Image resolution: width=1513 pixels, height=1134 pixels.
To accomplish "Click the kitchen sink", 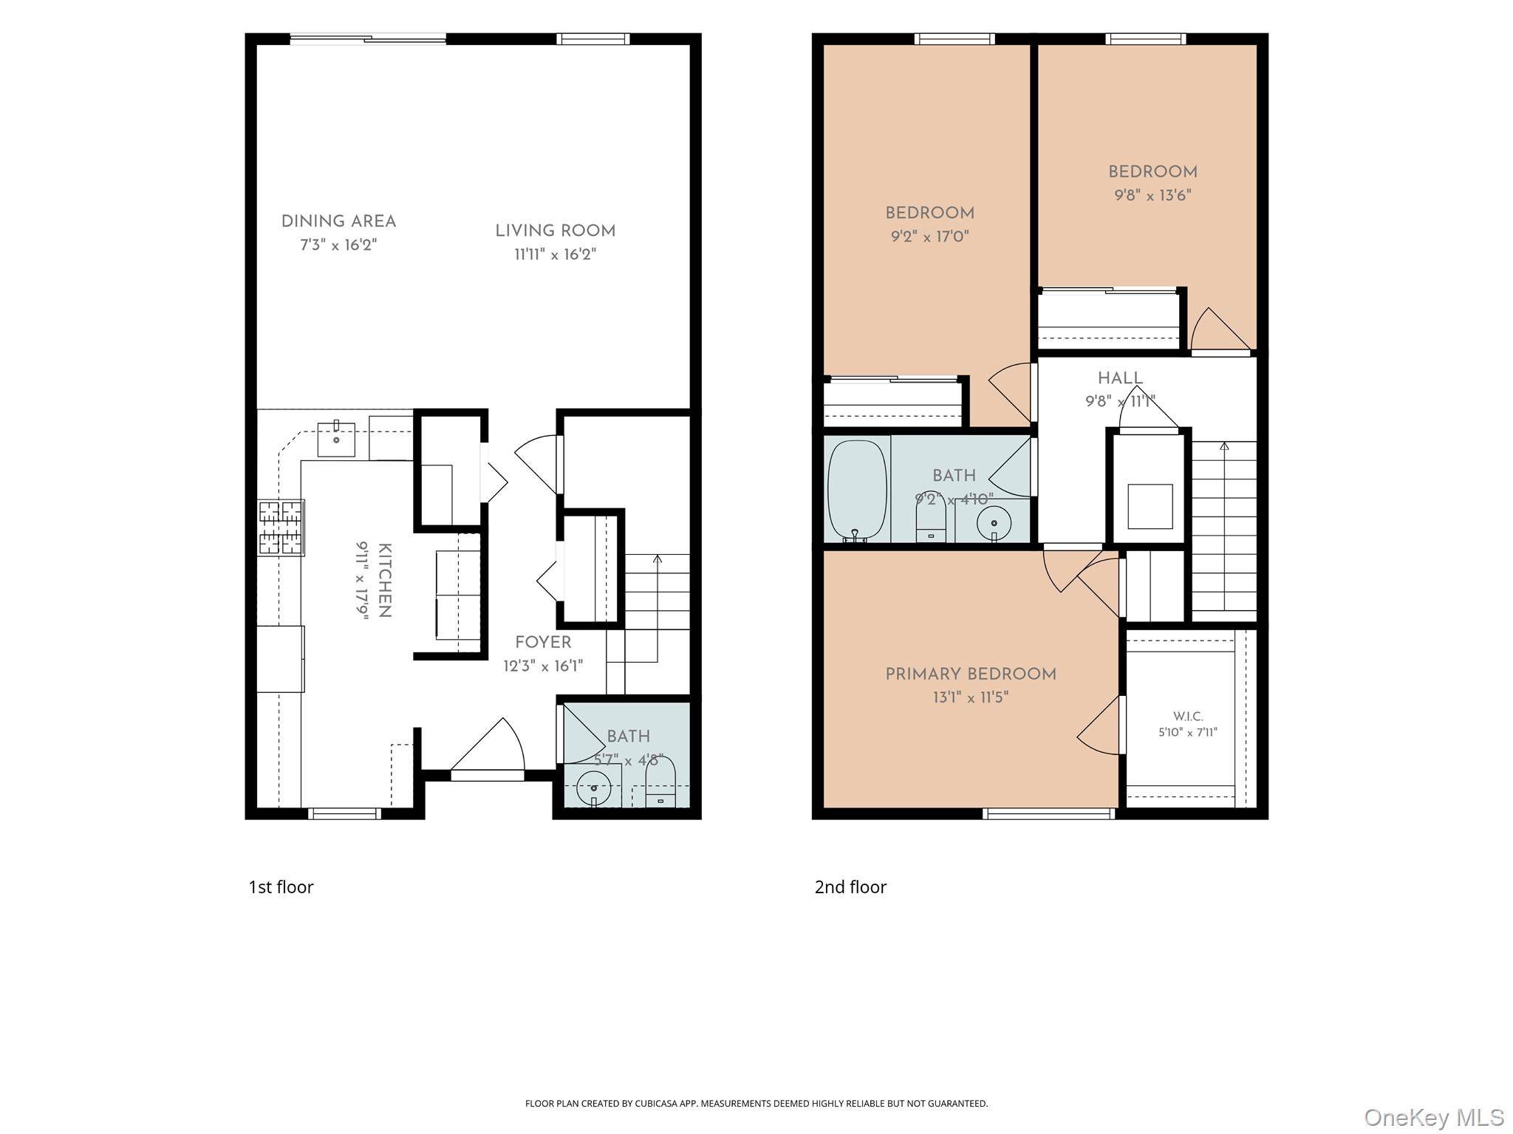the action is (336, 439).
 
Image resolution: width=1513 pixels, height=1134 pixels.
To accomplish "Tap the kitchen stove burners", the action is (281, 527).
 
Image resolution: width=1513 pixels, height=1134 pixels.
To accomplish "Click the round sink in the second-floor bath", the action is (994, 524).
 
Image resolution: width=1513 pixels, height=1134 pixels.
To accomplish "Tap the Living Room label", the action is (555, 231).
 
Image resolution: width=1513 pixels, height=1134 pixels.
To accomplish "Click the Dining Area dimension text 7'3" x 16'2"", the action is (338, 245).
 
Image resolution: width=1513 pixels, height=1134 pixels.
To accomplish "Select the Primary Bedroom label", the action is (971, 674).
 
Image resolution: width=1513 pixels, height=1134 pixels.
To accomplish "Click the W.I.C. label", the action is (1188, 716).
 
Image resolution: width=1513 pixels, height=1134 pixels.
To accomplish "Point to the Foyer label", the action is (543, 642).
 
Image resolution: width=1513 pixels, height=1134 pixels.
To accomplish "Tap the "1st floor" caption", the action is (281, 887).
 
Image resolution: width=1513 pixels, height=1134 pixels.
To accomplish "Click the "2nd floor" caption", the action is (850, 887).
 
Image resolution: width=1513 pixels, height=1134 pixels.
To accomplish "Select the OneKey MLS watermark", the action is (1434, 1117).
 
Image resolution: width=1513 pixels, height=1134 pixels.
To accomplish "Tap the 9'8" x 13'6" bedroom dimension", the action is (1152, 196).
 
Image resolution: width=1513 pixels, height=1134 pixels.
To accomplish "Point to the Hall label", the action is (1120, 378).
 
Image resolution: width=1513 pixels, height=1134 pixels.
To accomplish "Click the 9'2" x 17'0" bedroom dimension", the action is (929, 237).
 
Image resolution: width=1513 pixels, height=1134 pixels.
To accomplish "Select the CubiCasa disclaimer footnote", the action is (756, 1104).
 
